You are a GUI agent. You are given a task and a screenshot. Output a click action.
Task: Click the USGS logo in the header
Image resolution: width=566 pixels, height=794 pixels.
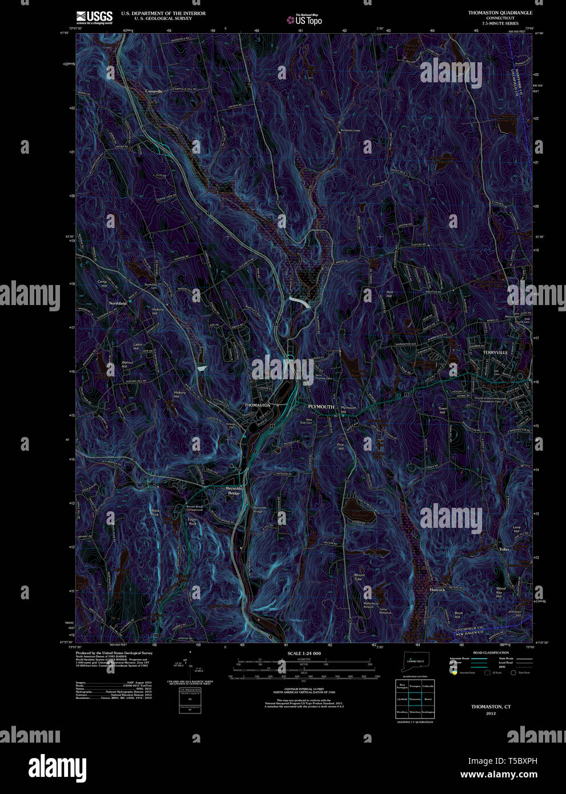94,16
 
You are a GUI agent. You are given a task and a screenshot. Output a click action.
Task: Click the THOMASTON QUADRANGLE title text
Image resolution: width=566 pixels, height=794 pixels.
500,13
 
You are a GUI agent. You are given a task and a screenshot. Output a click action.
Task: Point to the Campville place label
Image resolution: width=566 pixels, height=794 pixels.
154,91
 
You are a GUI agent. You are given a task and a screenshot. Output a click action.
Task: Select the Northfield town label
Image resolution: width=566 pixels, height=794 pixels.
118,303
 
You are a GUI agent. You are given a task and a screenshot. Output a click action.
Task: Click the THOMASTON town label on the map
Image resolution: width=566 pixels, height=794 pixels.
257,405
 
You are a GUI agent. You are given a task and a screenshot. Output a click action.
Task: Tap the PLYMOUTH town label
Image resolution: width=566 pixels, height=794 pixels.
321,406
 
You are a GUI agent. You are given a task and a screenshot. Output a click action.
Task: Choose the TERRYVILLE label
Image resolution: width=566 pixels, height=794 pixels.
495,352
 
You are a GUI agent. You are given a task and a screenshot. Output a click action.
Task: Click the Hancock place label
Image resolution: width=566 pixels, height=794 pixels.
437,590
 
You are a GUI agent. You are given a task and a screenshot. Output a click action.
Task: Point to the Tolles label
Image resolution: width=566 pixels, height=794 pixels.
503,550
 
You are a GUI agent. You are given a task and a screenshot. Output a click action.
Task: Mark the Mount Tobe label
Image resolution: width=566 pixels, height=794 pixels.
359,578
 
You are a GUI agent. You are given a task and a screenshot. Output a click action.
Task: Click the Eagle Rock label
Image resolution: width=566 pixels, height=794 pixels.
192,521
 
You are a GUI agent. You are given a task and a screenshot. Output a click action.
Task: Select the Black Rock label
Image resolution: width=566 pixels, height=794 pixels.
155,512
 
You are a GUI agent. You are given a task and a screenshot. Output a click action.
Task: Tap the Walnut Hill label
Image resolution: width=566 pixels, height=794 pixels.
127,365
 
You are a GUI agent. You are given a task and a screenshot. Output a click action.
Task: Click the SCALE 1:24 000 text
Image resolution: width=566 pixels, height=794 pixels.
304,653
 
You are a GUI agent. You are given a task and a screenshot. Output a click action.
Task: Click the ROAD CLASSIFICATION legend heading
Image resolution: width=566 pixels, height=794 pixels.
491,652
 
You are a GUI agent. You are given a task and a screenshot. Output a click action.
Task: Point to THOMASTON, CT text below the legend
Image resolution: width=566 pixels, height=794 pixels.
491,707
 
